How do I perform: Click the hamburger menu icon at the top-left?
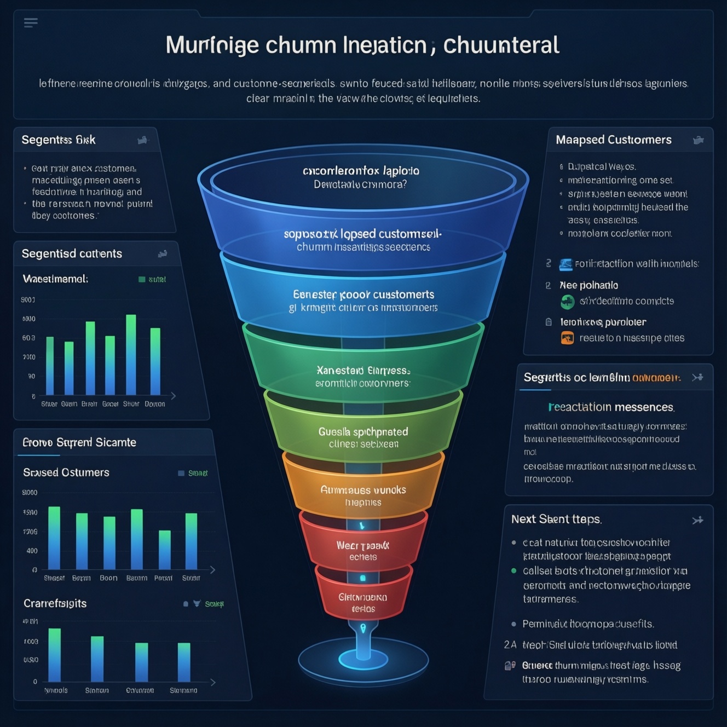31,22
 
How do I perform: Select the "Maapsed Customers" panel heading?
613,140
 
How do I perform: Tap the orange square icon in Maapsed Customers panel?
567,338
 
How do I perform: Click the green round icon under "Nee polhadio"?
567,301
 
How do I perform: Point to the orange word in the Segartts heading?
656,378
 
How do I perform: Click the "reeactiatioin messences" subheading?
611,407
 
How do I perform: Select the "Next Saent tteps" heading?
556,519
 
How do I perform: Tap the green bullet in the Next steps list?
513,570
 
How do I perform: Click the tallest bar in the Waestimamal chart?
131,355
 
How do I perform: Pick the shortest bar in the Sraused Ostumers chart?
165,550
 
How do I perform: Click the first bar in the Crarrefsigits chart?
55,655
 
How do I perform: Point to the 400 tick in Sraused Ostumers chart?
32,551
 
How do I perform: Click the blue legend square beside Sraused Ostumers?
181,473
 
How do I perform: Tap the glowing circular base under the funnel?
363,659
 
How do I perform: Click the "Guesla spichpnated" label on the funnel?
363,432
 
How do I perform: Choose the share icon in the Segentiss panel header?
142,140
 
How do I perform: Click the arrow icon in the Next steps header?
697,520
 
